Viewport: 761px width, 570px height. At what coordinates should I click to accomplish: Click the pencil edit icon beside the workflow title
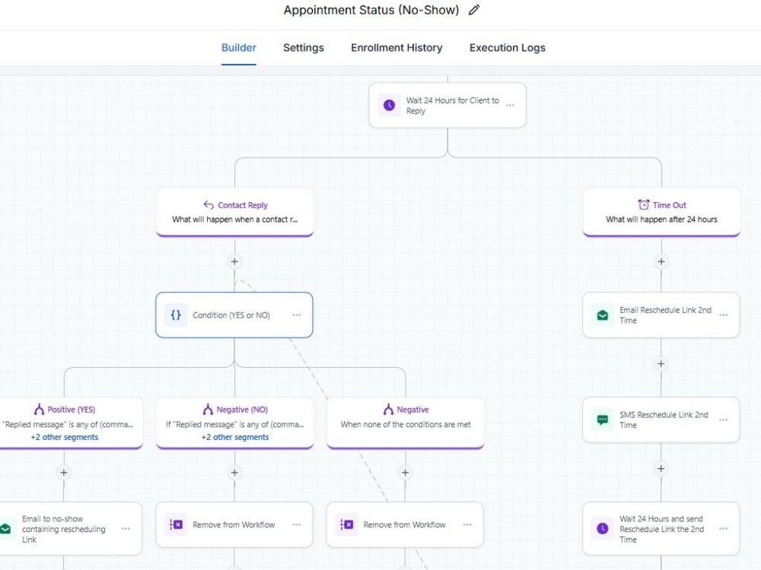pyautogui.click(x=474, y=10)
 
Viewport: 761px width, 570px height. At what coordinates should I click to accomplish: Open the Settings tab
pyautogui.click(x=304, y=47)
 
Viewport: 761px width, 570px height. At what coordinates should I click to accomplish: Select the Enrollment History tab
pyautogui.click(x=396, y=47)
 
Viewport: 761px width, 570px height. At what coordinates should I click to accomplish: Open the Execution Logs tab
pyautogui.click(x=507, y=47)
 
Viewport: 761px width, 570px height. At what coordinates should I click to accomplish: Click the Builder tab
pyautogui.click(x=239, y=47)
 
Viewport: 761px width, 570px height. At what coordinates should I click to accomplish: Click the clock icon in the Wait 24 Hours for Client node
pyautogui.click(x=389, y=105)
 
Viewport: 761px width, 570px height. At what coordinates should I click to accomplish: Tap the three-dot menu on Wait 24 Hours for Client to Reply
pyautogui.click(x=510, y=105)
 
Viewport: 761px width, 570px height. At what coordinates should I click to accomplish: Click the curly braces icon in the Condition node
pyautogui.click(x=176, y=315)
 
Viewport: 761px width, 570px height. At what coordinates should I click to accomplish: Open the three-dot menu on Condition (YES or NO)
pyautogui.click(x=297, y=315)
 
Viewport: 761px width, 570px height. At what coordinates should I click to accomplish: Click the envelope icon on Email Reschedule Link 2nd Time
pyautogui.click(x=602, y=315)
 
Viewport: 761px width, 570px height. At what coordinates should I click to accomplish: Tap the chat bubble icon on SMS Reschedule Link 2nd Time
pyautogui.click(x=602, y=420)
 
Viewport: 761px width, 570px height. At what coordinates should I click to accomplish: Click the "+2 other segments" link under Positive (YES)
pyautogui.click(x=65, y=437)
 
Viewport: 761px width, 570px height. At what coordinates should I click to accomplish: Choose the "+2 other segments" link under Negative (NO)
pyautogui.click(x=235, y=437)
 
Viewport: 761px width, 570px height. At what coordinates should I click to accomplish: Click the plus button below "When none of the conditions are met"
pyautogui.click(x=406, y=473)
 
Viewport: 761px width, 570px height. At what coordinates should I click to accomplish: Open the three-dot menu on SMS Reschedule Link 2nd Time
pyautogui.click(x=723, y=420)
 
